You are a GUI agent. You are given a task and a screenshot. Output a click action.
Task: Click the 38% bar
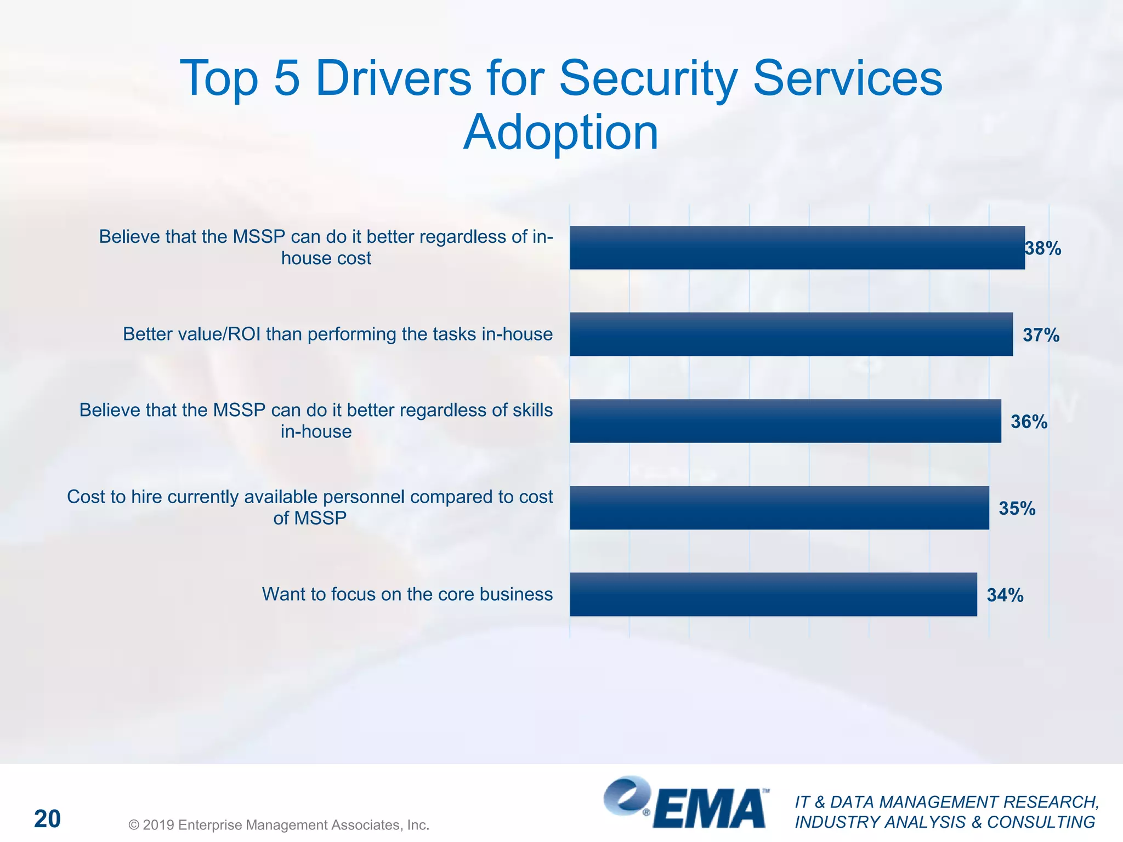[797, 248]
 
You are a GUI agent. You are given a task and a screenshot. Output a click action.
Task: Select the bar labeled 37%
[791, 334]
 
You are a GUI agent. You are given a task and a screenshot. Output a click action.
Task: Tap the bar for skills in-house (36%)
[785, 421]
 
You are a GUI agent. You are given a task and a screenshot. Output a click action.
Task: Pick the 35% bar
[779, 508]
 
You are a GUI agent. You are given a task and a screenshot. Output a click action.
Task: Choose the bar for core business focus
[773, 594]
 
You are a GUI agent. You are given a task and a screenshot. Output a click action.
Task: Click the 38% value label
[1043, 249]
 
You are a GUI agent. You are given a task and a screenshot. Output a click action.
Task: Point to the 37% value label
[1041, 335]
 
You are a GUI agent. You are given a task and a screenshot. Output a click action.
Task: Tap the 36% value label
[1029, 422]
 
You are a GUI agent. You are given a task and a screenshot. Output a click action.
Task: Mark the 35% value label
[1017, 508]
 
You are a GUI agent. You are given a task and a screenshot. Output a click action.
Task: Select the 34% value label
[1005, 595]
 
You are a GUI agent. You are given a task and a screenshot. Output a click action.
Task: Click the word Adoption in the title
[560, 133]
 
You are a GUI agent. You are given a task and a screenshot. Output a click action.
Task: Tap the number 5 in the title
[287, 78]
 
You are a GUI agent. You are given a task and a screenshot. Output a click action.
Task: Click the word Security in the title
[648, 78]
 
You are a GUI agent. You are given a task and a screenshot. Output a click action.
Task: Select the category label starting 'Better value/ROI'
[337, 334]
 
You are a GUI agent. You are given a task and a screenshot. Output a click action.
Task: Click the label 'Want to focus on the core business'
[407, 594]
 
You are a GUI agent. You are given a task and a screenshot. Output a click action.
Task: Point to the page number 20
[47, 819]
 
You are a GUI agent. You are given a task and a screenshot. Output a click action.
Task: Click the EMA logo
[685, 803]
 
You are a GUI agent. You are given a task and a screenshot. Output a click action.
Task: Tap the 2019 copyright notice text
[279, 824]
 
